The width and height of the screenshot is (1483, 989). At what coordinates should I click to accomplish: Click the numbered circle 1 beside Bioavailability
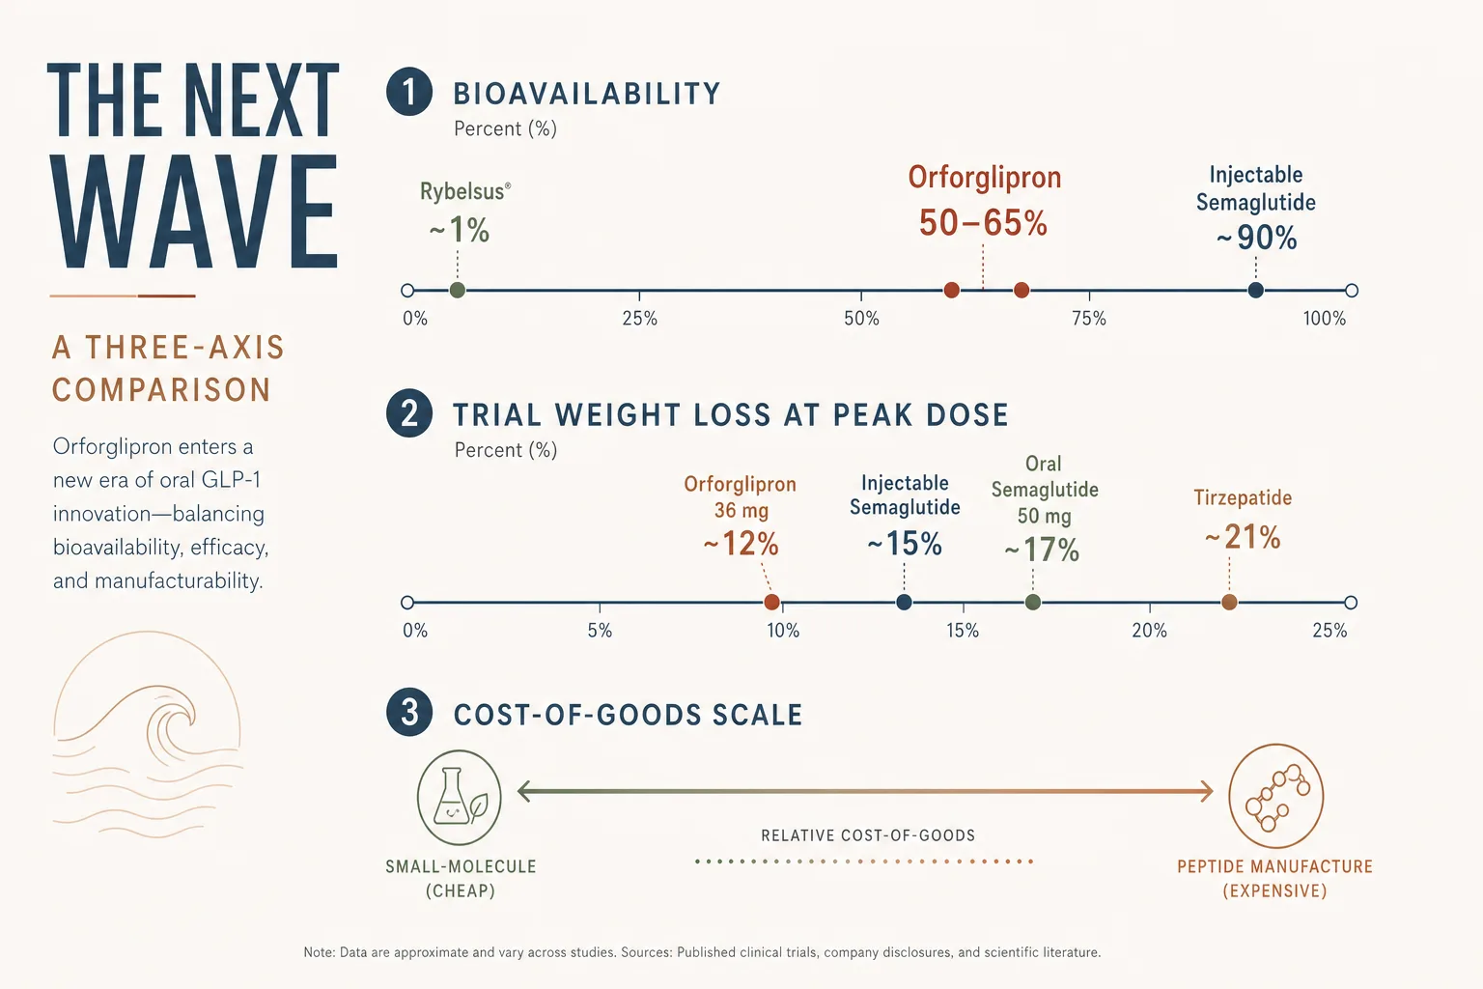pos(409,92)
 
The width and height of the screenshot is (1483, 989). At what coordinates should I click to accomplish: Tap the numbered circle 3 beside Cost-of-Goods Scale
pos(409,713)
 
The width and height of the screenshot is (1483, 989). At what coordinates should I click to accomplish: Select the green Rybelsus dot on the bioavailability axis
pos(458,290)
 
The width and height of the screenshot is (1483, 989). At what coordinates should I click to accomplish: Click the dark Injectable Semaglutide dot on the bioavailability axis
pos(1255,290)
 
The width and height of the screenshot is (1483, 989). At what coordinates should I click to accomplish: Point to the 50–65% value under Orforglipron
pos(983,222)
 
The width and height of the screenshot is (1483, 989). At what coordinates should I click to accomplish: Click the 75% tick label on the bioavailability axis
pos(1089,319)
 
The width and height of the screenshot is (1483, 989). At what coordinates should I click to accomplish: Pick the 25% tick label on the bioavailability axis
pos(639,319)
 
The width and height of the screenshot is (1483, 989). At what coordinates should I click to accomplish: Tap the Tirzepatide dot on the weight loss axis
pos(1229,602)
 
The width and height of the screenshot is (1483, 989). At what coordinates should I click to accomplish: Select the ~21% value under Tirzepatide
pos(1243,537)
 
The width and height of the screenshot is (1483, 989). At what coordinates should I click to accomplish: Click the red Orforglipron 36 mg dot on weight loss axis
pos(772,602)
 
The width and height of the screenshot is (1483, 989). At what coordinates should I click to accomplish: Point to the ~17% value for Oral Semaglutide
pos(1042,550)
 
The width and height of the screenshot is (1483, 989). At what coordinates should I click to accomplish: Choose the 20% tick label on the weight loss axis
pos(1149,631)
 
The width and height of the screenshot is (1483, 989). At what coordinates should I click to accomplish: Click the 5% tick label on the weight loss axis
pos(600,631)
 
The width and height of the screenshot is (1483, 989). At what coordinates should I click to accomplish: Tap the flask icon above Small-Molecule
pos(459,797)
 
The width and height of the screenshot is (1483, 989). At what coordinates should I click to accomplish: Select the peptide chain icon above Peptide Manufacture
pos(1275,796)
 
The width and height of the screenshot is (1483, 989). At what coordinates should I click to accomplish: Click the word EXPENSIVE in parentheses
pos(1275,890)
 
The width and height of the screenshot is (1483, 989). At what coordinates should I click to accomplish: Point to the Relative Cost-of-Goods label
pos(868,835)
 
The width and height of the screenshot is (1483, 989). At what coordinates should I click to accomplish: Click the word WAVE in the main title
pos(196,212)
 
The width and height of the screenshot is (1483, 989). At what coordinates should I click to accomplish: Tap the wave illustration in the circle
pos(147,735)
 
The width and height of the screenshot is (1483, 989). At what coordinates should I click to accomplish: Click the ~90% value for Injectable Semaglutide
pos(1256,238)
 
